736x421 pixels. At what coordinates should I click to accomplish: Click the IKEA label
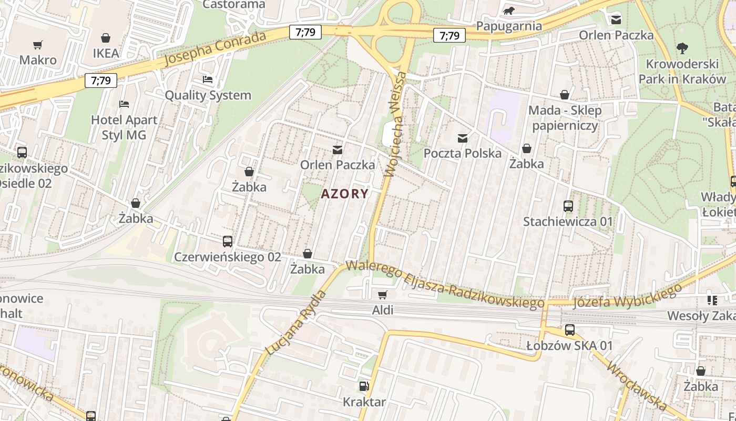click(x=106, y=53)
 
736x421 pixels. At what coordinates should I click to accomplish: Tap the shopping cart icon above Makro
click(x=37, y=45)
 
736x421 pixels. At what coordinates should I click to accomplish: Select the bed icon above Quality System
click(x=208, y=80)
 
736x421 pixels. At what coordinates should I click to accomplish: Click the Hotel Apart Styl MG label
click(x=124, y=127)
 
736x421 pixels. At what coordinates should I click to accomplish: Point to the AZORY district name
click(x=345, y=194)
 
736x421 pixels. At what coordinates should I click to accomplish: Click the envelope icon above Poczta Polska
click(x=463, y=138)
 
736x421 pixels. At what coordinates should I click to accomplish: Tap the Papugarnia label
click(x=508, y=26)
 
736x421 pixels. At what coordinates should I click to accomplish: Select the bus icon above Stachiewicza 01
click(x=568, y=206)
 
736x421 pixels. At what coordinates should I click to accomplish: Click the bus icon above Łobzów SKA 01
click(x=569, y=330)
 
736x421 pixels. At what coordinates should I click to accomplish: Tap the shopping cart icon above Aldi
click(x=383, y=295)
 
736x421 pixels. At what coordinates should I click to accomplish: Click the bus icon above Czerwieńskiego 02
click(x=227, y=242)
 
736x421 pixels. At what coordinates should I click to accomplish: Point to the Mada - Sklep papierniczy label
click(x=565, y=118)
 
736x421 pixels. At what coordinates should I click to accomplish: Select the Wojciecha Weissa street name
click(x=396, y=124)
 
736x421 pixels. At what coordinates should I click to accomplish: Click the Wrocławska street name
click(x=636, y=385)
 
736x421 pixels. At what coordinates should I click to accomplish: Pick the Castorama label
click(x=234, y=5)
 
